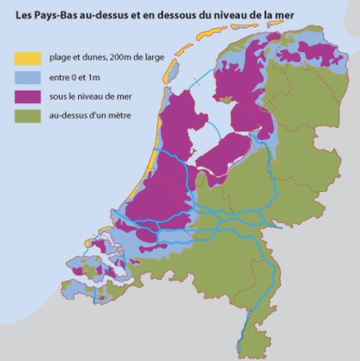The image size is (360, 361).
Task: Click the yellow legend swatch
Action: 29,58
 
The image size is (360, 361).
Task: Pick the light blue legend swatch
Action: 29,77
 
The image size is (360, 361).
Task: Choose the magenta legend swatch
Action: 29,97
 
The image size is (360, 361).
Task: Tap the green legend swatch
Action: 29,116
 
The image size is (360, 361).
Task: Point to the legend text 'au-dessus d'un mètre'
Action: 90,116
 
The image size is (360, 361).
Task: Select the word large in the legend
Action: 154,58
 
